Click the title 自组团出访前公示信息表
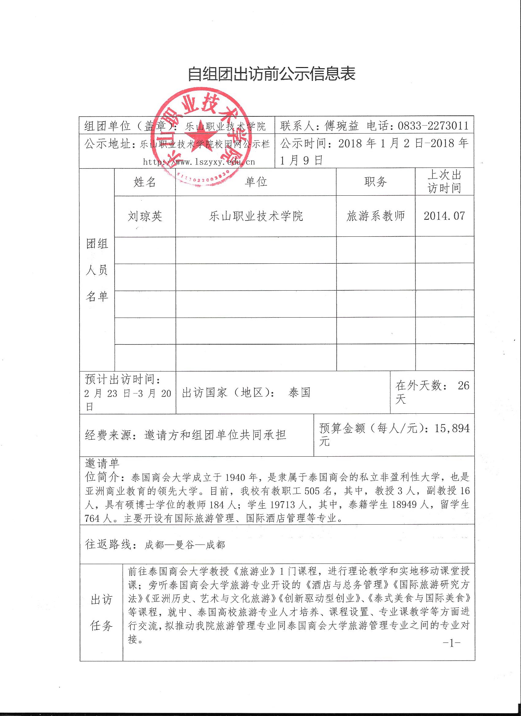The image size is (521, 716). tap(272, 74)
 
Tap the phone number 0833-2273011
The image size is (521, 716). tap(433, 126)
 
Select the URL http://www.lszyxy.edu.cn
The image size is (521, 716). tap(199, 162)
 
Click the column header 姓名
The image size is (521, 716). tap(145, 182)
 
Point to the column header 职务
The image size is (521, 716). tap(375, 182)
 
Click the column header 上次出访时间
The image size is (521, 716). tap(444, 182)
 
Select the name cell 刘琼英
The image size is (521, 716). tap(145, 216)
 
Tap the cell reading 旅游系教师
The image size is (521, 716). tap(375, 216)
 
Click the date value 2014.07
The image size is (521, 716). tap(444, 216)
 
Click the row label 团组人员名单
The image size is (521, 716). tap(97, 270)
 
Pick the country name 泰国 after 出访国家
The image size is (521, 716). tap(299, 392)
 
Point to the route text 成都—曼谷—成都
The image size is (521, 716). tap(184, 545)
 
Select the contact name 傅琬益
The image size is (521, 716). tap(342, 126)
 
